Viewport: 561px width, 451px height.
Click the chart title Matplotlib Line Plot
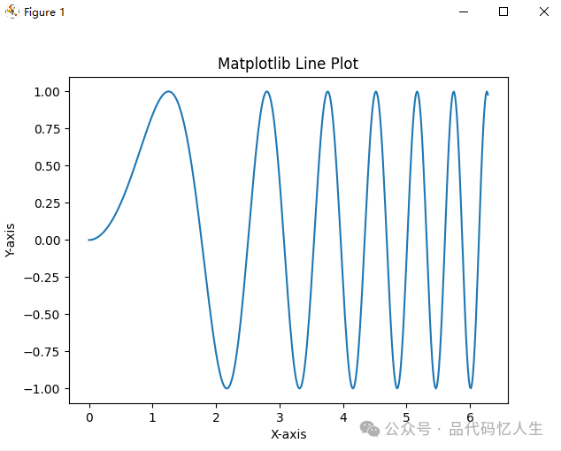(288, 64)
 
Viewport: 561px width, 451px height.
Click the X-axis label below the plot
(288, 434)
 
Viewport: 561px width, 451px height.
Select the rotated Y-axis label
(10, 240)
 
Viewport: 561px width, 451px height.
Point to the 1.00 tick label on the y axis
(47, 92)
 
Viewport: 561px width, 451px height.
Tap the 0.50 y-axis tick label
(47, 166)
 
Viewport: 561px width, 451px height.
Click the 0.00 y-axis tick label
(47, 241)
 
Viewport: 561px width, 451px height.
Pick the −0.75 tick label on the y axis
(42, 352)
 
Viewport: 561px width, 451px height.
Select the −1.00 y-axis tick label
(42, 389)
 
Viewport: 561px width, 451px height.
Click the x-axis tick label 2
(216, 417)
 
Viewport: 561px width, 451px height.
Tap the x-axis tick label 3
(280, 417)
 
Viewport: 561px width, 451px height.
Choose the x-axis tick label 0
(89, 417)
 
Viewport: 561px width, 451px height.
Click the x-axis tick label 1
(153, 417)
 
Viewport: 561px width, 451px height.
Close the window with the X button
(544, 11)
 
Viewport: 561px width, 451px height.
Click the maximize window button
(503, 11)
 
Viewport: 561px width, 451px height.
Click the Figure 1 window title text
(44, 12)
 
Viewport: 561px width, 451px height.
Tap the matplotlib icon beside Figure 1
(12, 11)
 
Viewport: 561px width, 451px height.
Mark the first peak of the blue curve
(168, 92)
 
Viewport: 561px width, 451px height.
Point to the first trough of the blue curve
(227, 388)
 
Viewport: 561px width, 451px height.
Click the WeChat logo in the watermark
(370, 429)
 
